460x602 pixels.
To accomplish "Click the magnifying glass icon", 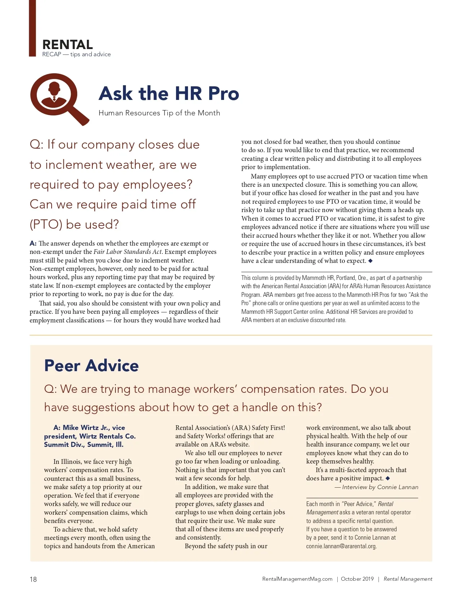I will [x=58, y=97].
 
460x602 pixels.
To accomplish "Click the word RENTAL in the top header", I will [x=67, y=45].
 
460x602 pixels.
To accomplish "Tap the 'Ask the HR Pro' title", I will [x=168, y=93].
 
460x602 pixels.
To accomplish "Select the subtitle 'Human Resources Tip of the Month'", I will [x=159, y=113].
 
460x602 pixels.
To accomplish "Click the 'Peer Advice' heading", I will [x=91, y=365].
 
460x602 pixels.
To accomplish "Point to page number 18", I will [x=33, y=579].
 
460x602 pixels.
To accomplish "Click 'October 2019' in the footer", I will [x=357, y=579].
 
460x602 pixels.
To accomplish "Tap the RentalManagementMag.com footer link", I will [x=297, y=579].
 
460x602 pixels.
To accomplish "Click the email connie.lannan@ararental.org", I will [x=341, y=546].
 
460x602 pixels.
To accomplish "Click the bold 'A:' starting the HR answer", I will [x=33, y=243].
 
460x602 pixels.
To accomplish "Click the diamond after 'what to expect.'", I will [x=370, y=260].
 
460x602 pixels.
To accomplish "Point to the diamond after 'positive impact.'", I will [x=387, y=478].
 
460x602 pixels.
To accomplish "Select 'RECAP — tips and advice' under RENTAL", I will [x=76, y=54].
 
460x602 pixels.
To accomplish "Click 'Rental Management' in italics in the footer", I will [x=408, y=579].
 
